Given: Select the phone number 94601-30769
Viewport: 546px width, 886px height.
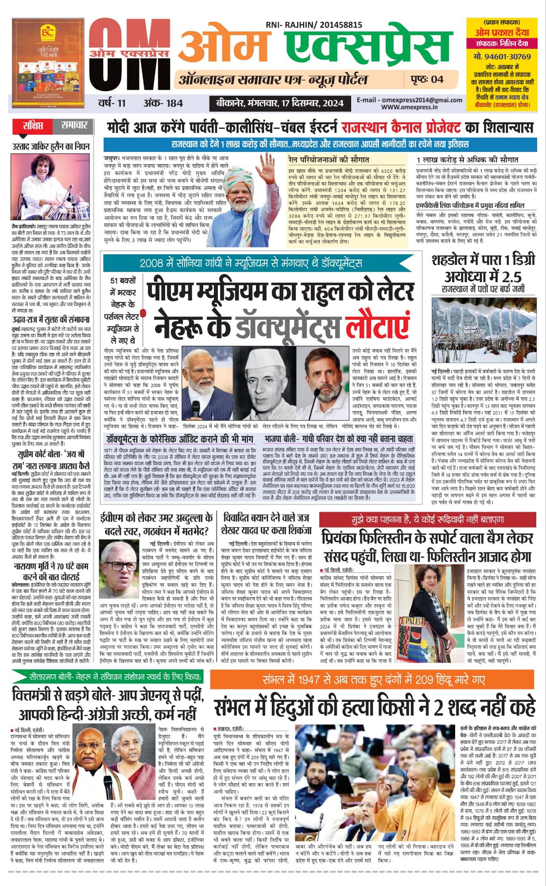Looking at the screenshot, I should click(502, 57).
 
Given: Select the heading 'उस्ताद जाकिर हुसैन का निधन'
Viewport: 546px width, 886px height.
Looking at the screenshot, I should click(51, 147).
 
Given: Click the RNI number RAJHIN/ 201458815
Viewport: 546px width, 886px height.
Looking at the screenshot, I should click(314, 25).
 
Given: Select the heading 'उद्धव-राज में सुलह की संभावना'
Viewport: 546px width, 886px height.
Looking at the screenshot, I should click(51, 319).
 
